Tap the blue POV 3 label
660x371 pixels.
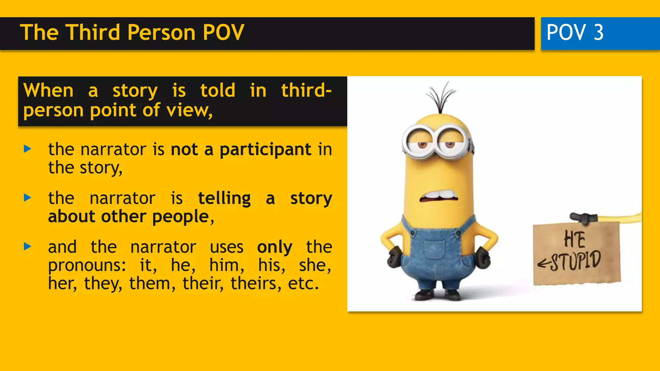(575, 33)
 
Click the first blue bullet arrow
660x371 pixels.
(28, 149)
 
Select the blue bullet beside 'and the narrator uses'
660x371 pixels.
(28, 247)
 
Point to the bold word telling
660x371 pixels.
(224, 198)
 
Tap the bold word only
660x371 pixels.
(275, 247)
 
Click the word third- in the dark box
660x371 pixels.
(306, 90)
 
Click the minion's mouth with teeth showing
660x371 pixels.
(439, 196)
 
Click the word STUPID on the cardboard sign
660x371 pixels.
(575, 261)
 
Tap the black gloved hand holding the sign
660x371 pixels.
(583, 218)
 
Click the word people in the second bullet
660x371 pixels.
(181, 216)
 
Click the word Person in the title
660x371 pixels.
(161, 33)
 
